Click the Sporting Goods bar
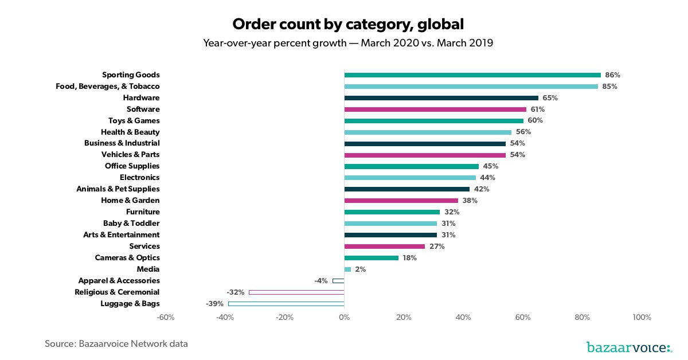click(472, 75)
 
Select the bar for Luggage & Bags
click(286, 303)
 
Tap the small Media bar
click(347, 269)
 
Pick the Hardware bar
click(441, 97)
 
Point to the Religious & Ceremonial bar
click(296, 292)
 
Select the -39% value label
click(214, 303)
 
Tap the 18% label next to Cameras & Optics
click(409, 257)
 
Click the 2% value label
click(360, 269)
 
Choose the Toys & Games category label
click(134, 120)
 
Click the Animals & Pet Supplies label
click(118, 189)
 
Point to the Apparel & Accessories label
click(119, 280)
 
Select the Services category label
click(144, 246)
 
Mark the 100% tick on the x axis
click(642, 318)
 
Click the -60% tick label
click(166, 318)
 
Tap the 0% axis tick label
click(344, 318)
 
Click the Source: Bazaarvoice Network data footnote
click(116, 344)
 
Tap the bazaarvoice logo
click(629, 347)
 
